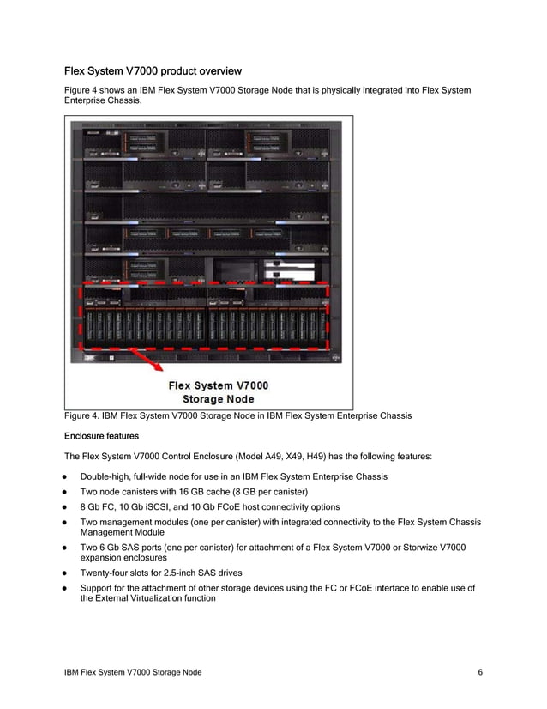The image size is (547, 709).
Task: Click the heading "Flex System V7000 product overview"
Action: coord(153,70)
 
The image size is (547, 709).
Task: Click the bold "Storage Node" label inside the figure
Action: coord(218,398)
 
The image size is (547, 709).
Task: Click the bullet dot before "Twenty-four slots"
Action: coord(63,572)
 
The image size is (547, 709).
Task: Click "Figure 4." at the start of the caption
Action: coord(85,416)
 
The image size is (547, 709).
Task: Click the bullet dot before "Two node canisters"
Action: coord(63,492)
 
